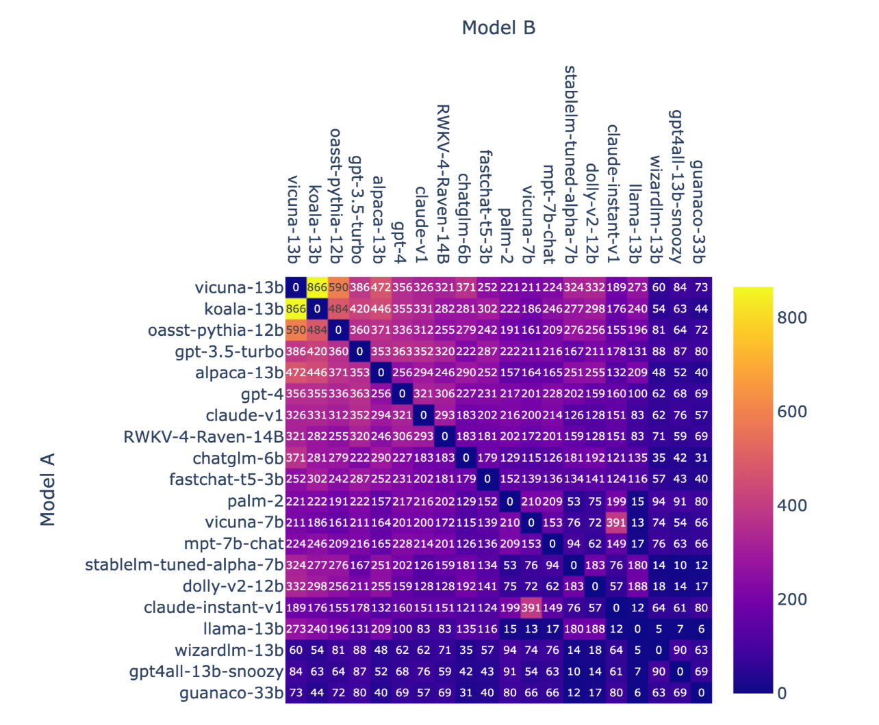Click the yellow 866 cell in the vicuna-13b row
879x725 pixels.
click(x=317, y=287)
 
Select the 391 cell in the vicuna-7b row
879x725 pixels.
click(x=616, y=523)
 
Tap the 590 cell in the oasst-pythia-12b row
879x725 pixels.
click(x=296, y=330)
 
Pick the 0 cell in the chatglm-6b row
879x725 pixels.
click(x=466, y=458)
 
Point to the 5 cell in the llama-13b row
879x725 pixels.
click(x=659, y=629)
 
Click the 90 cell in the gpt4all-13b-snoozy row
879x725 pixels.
click(x=659, y=672)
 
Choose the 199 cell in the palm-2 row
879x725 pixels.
click(x=616, y=501)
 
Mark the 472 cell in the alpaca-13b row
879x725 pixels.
click(x=296, y=373)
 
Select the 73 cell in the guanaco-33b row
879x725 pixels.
click(x=296, y=693)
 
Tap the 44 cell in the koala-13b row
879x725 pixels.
click(x=701, y=308)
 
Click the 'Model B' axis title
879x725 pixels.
click(x=498, y=28)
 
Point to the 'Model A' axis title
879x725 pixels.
click(x=47, y=489)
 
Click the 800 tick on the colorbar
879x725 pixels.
click(x=792, y=317)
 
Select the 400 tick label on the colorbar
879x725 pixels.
click(x=792, y=505)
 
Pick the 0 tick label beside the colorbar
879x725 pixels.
click(x=782, y=694)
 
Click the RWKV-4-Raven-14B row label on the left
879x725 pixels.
click(x=203, y=437)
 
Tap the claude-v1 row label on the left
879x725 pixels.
click(x=244, y=416)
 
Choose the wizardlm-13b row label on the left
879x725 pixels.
click(x=229, y=650)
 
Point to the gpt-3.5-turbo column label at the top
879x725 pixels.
click(x=356, y=209)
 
